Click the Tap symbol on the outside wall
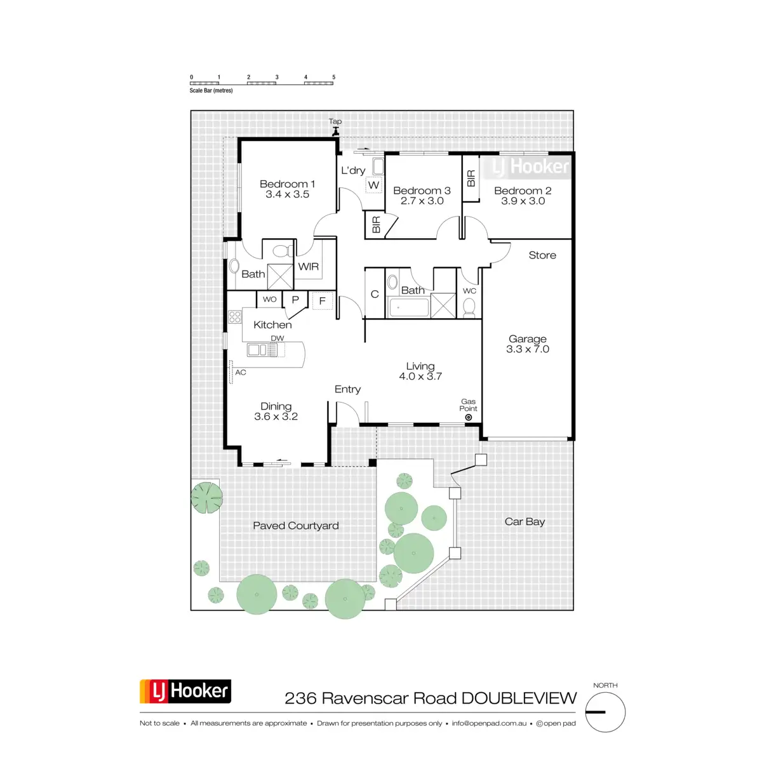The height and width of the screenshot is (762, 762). tap(335, 131)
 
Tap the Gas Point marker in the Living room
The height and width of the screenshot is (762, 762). tap(469, 417)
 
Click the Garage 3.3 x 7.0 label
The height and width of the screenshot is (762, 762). tap(528, 344)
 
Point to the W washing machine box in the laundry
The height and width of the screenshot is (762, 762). tap(373, 185)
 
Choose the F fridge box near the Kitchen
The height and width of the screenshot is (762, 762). tap(323, 300)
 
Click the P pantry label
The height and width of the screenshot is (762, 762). tap(295, 300)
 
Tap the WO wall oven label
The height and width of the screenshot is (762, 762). tap(270, 300)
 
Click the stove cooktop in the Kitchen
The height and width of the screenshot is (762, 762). tap(235, 316)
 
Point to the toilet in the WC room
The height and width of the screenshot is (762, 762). tap(469, 307)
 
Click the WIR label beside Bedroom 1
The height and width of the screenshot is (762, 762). tap(309, 267)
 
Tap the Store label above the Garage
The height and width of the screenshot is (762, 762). tap(542, 255)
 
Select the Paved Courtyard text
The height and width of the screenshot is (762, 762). tap(296, 526)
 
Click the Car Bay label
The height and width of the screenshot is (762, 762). tap(525, 521)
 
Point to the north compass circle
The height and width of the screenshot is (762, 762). tap(605, 712)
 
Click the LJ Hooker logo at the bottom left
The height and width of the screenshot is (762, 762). tap(185, 692)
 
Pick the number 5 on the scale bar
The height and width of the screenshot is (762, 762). tap(333, 77)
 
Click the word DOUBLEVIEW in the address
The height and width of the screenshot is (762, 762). tap(519, 698)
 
